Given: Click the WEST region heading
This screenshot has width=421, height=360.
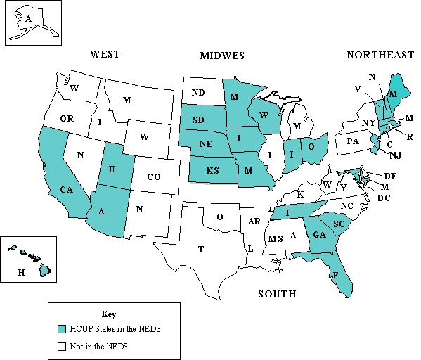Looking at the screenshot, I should (x=105, y=54).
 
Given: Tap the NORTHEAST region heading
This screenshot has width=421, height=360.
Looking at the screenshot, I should (x=380, y=55).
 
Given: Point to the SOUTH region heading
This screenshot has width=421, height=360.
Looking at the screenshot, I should (x=276, y=293).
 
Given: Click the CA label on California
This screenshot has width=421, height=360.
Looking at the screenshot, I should (x=67, y=189).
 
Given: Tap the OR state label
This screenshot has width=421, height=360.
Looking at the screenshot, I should (x=67, y=119).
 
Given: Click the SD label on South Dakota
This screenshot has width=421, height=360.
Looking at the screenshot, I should (x=199, y=120).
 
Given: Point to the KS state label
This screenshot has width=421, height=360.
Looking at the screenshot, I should (x=212, y=171).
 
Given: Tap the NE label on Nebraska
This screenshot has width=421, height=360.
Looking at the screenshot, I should (x=206, y=143).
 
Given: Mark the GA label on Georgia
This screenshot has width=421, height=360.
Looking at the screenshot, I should (x=318, y=235).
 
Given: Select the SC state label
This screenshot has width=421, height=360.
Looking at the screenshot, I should (x=338, y=224).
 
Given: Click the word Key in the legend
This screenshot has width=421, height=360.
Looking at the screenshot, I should (x=108, y=314).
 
